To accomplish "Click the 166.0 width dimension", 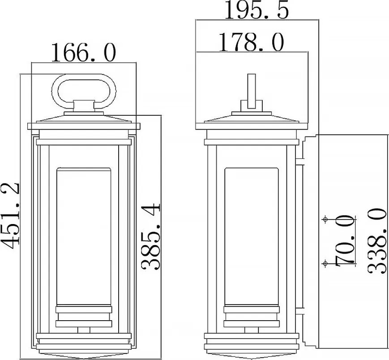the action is [83, 52].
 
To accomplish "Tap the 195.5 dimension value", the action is [257, 10].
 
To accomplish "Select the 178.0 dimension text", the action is [251, 42].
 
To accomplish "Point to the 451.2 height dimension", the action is [10, 216].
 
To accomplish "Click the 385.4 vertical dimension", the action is [151, 237].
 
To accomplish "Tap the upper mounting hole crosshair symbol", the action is [325, 219].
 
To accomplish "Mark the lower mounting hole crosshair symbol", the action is [325, 263].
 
